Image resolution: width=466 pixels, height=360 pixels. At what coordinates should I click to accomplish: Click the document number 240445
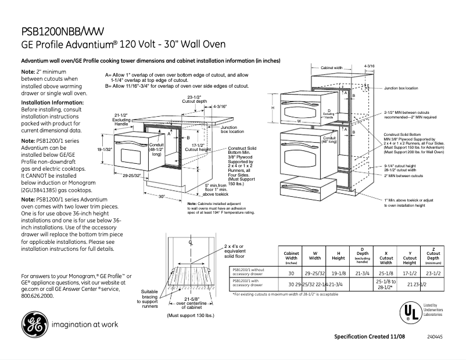click(435, 337)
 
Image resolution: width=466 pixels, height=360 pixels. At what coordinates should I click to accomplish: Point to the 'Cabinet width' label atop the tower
click(332, 68)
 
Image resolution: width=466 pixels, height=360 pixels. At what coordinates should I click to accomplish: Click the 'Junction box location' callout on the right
click(400, 88)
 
